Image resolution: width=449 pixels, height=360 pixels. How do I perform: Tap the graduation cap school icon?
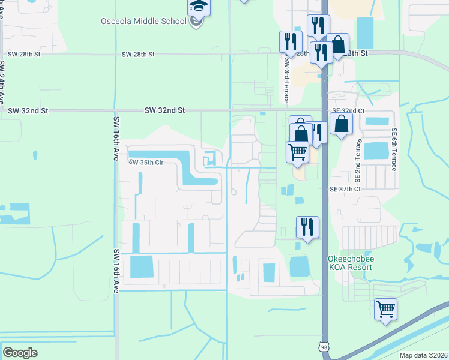click(x=198, y=7)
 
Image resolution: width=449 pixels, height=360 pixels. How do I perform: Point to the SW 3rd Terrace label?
click(x=287, y=76)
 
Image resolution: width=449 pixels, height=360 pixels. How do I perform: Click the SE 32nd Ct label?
click(x=348, y=111)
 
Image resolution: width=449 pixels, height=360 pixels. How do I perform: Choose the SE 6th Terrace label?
click(x=394, y=149)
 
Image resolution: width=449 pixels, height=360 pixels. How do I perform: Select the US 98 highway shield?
click(x=324, y=347)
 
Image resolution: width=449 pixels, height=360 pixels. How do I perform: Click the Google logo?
click(x=20, y=352)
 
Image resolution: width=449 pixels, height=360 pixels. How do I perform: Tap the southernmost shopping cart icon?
click(x=385, y=310)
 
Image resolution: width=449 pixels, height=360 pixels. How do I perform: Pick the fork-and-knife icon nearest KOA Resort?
click(x=307, y=227)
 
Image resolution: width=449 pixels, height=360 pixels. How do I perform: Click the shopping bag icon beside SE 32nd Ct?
click(x=341, y=124)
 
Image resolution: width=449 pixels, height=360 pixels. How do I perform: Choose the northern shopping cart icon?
click(x=297, y=152)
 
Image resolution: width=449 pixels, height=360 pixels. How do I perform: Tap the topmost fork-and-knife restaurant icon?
click(x=318, y=25)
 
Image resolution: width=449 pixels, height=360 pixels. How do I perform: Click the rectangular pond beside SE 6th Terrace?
click(x=376, y=151)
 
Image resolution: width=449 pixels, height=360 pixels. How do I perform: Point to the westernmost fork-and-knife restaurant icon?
click(x=291, y=41)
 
